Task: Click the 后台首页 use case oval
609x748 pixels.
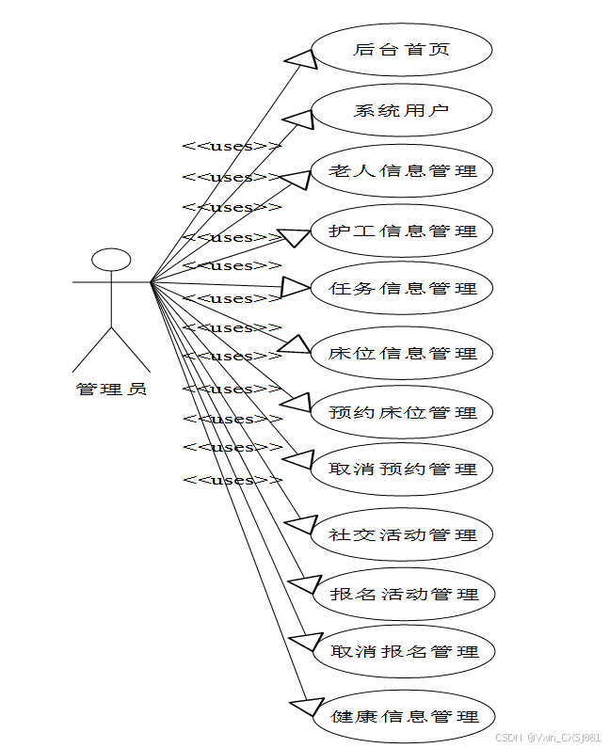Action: click(x=402, y=50)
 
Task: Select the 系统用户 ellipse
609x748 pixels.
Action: click(x=402, y=110)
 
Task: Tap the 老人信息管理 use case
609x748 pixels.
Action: click(x=402, y=171)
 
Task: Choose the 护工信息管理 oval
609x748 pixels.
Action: click(x=402, y=231)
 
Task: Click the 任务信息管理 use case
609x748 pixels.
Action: click(x=402, y=289)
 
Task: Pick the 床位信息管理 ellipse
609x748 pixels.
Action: click(x=402, y=354)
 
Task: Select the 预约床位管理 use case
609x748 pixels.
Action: click(x=402, y=412)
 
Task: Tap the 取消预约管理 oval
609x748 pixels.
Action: click(x=402, y=469)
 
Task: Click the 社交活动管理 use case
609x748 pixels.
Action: click(x=402, y=535)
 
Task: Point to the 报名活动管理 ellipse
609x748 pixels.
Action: click(x=402, y=594)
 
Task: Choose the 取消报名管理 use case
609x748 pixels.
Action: click(x=402, y=651)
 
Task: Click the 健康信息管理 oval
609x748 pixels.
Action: click(x=402, y=717)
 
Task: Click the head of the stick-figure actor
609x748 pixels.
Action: click(x=111, y=259)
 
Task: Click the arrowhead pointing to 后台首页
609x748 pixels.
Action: click(x=299, y=59)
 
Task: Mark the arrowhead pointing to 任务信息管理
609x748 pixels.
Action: click(x=296, y=287)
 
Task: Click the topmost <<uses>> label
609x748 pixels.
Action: click(x=232, y=146)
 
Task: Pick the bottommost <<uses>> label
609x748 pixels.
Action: click(x=232, y=480)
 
